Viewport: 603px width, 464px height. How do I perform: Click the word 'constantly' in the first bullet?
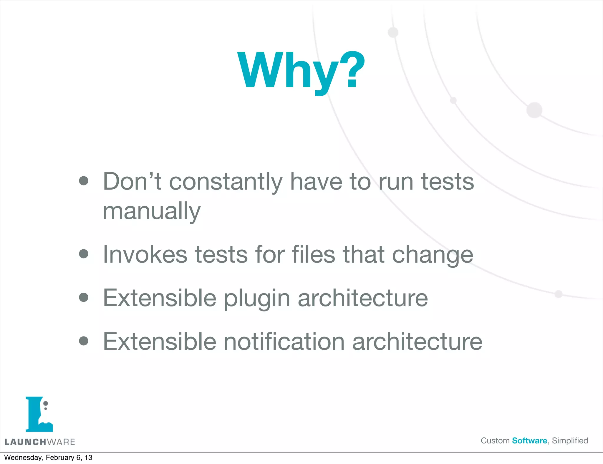(226, 182)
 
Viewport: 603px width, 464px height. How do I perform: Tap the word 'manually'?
(152, 211)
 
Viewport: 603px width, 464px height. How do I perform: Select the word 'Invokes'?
(145, 254)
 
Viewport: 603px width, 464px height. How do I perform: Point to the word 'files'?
(313, 254)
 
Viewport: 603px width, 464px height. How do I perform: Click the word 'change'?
(433, 255)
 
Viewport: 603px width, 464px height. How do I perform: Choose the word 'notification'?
(284, 342)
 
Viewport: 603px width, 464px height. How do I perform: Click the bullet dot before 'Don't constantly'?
(84, 181)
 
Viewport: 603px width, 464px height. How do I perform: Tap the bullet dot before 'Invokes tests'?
(84, 254)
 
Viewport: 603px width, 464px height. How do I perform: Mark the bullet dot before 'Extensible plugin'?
(84, 297)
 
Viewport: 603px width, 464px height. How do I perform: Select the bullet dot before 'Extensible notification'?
(84, 341)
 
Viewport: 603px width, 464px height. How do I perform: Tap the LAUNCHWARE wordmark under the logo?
(40, 442)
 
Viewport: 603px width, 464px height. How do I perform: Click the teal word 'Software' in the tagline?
(529, 441)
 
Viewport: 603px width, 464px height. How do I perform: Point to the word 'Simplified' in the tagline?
(570, 441)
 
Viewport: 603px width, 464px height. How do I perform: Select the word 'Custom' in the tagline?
(495, 441)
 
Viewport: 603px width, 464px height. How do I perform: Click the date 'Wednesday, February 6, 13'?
(48, 458)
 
